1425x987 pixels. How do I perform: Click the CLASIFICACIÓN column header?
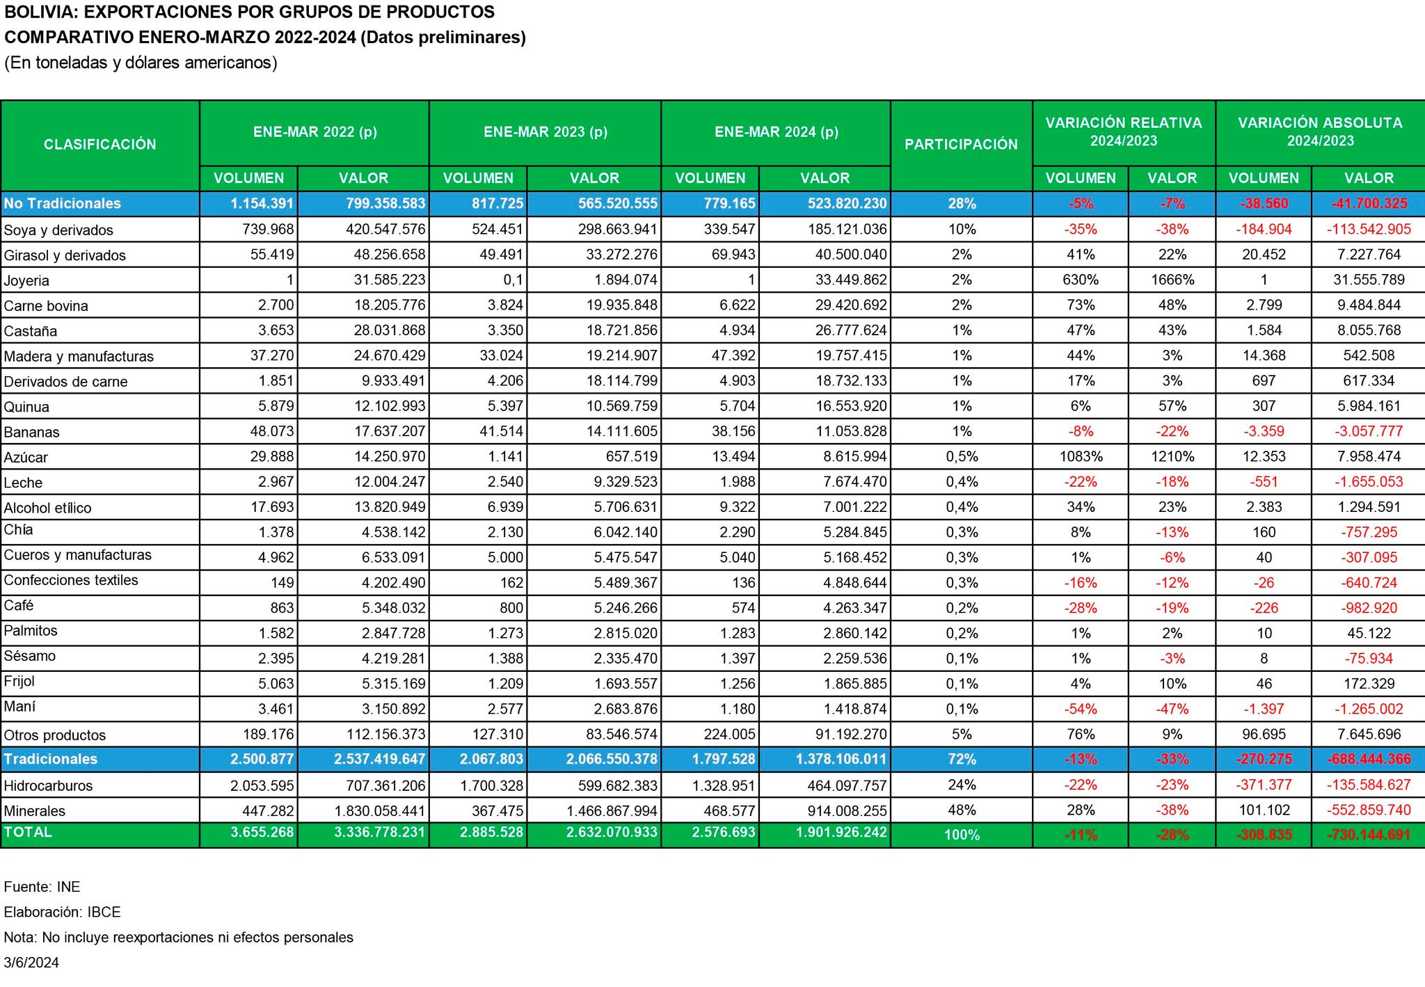pos(100,145)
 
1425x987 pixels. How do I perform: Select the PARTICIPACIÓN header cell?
pos(961,145)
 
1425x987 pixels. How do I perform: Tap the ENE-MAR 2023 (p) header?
pos(546,132)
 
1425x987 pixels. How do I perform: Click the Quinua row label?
pos(26,407)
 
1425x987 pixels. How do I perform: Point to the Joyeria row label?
pos(26,281)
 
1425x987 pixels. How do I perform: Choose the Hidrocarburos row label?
pos(49,786)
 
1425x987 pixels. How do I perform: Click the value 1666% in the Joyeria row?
pos(1172,280)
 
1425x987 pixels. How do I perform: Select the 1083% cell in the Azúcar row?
pos(1081,457)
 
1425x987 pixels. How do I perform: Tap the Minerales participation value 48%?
pos(962,810)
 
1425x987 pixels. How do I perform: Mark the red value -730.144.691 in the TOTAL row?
pos(1369,835)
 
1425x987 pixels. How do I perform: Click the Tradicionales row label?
pos(50,759)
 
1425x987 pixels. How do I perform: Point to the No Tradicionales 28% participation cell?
pos(962,204)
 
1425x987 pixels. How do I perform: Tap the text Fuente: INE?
pos(42,887)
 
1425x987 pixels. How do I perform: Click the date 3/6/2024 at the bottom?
pos(31,963)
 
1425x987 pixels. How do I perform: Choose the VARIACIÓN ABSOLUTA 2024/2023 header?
pos(1320,131)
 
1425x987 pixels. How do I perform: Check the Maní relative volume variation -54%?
pos(1081,709)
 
